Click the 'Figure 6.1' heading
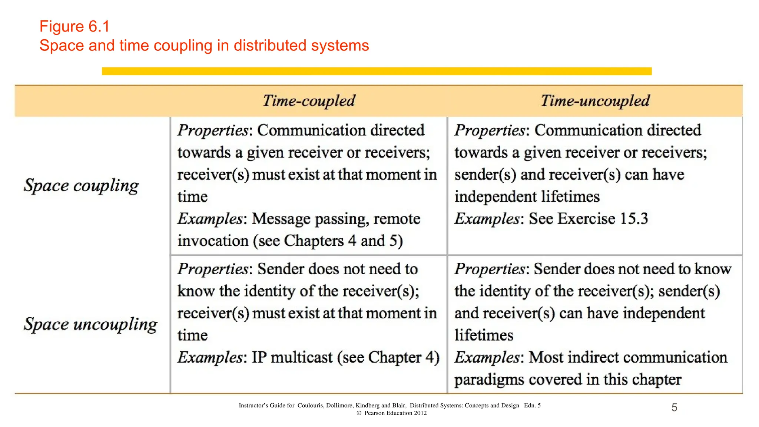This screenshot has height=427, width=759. [74, 27]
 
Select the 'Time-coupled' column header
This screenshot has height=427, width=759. [309, 101]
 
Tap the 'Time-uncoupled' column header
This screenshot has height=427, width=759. [595, 101]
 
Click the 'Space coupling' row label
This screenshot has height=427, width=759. [81, 186]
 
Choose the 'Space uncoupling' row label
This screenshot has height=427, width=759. [90, 324]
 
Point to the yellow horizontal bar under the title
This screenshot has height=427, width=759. [377, 71]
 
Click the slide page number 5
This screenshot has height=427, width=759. [674, 408]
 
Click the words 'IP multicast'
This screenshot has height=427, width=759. [292, 358]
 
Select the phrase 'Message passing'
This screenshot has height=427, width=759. [310, 219]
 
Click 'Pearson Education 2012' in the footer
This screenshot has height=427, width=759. [395, 413]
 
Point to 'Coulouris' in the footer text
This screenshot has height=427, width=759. [311, 406]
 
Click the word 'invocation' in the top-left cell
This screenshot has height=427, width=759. [213, 241]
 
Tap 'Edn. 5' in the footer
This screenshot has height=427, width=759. [532, 406]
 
